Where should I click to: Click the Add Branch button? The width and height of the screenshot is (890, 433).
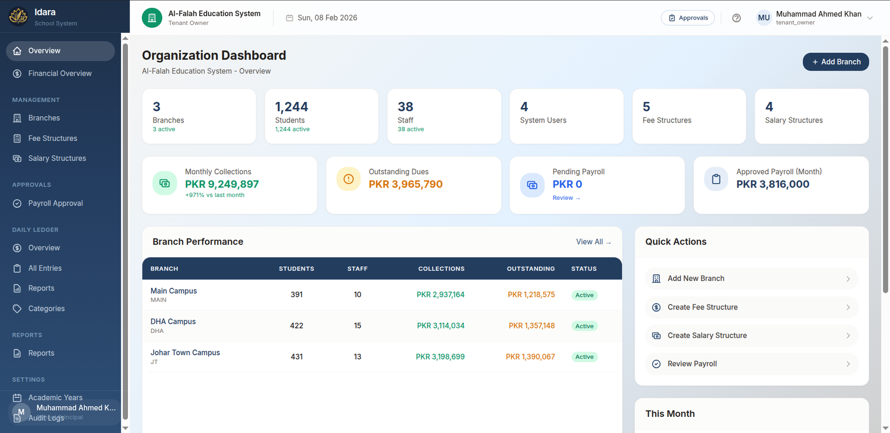pyautogui.click(x=835, y=62)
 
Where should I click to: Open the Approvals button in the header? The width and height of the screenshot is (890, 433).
pyautogui.click(x=688, y=18)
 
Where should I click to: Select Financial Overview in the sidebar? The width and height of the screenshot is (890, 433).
pyautogui.click(x=60, y=73)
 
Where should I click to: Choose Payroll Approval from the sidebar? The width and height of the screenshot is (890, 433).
pyautogui.click(x=56, y=203)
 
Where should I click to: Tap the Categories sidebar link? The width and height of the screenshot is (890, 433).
pyautogui.click(x=46, y=308)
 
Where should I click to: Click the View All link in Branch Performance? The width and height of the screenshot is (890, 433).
pyautogui.click(x=593, y=242)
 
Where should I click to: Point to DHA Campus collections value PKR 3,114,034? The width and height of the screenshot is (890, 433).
pyautogui.click(x=441, y=326)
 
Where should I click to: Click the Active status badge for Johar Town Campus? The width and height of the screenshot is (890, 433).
pyautogui.click(x=584, y=357)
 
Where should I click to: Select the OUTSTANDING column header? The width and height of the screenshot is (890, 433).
pyautogui.click(x=531, y=268)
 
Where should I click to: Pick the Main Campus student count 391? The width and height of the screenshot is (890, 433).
pyautogui.click(x=296, y=294)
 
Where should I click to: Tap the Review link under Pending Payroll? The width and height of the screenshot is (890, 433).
pyautogui.click(x=566, y=198)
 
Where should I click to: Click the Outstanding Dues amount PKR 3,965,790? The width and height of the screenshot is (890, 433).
pyautogui.click(x=406, y=184)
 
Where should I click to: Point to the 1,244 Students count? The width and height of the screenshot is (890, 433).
pyautogui.click(x=291, y=106)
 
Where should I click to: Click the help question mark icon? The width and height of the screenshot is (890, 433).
pyautogui.click(x=736, y=18)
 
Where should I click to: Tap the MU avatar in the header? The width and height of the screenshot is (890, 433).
pyautogui.click(x=764, y=18)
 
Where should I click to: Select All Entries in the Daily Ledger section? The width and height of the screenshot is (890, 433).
pyautogui.click(x=45, y=268)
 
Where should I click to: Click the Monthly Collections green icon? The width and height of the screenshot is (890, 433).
pyautogui.click(x=165, y=183)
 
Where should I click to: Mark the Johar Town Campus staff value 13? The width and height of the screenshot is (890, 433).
pyautogui.click(x=358, y=357)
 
